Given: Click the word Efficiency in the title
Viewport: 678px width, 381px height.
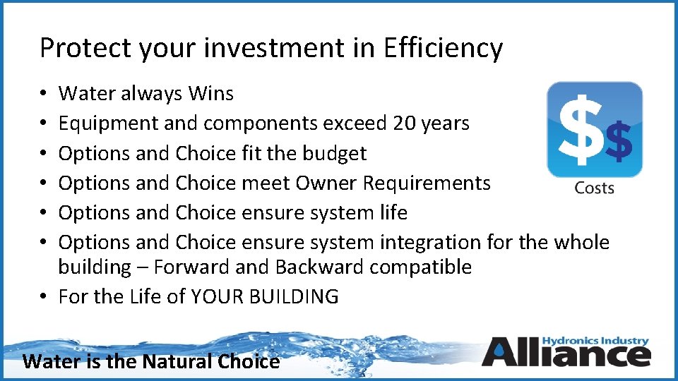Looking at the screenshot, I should point(443,48).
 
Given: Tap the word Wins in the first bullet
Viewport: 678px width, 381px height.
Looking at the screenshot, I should point(211,93).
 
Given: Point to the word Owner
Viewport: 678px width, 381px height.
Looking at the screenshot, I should point(326,183).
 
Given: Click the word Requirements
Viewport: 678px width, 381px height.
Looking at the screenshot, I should point(427,183).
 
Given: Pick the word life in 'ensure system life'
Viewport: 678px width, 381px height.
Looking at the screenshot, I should point(392,212).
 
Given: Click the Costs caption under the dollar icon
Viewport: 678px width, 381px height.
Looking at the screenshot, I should point(594,188).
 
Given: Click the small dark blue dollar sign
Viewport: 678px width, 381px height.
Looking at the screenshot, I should point(619,141).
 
